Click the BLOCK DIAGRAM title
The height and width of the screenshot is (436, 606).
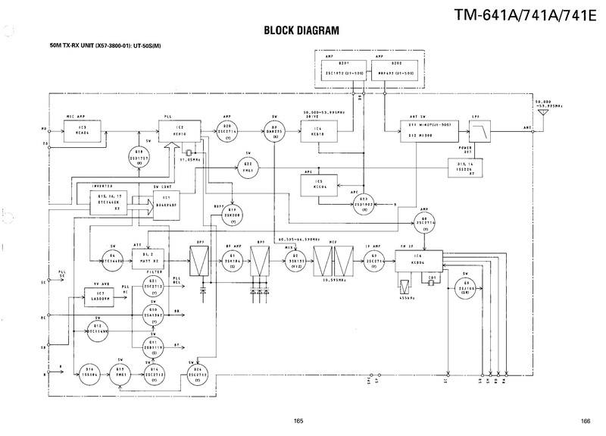click(301, 32)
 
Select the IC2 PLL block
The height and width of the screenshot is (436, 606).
click(179, 130)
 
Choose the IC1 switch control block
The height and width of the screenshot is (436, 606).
click(167, 203)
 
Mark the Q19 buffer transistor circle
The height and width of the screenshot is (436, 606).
click(233, 215)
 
